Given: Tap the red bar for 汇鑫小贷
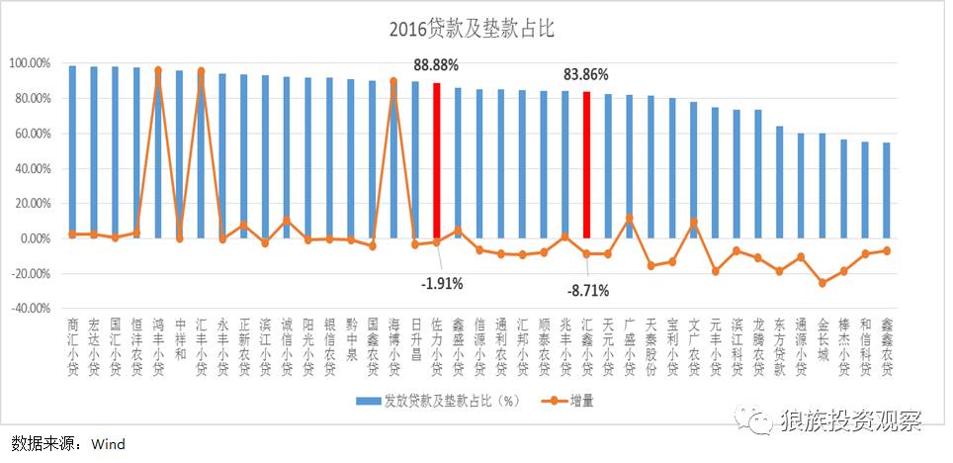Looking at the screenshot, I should pos(587,164).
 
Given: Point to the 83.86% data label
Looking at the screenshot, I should pos(585,74).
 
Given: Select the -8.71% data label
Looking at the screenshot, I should pos(586,291).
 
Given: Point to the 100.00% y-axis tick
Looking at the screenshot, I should pos(30,63).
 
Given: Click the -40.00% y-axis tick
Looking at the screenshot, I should pos(30,309).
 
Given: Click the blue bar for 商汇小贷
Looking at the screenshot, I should pos(72,148).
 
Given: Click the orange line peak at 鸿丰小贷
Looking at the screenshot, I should pos(158,70).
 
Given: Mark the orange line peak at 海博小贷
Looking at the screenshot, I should pos(393,81).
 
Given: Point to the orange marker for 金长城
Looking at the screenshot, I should pos(823,283).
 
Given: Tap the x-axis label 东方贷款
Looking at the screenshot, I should pos(779,346).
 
